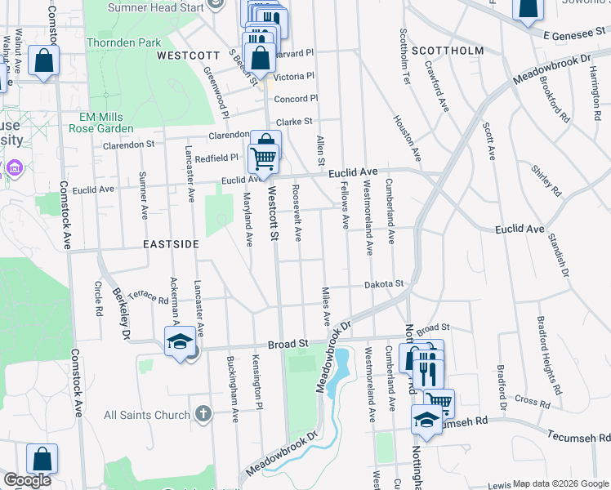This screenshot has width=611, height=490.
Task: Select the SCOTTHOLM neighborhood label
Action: (x=448, y=50)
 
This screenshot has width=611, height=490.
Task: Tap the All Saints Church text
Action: (x=147, y=415)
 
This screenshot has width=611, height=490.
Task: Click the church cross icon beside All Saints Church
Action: (x=203, y=414)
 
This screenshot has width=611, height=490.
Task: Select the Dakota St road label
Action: (x=384, y=283)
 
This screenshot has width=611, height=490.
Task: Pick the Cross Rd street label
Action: (x=533, y=402)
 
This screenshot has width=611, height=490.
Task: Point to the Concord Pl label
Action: (x=296, y=99)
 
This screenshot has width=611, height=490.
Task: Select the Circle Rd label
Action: (x=98, y=300)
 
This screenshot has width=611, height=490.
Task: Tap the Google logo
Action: (x=27, y=480)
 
